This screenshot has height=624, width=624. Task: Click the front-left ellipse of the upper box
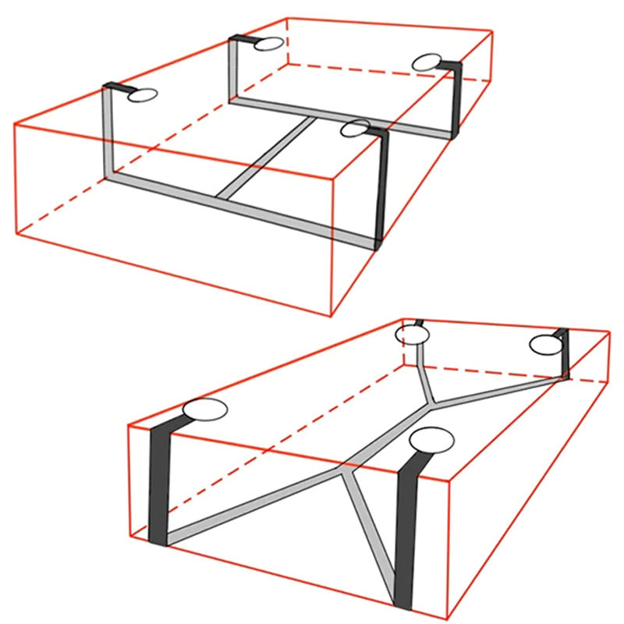click(x=143, y=96)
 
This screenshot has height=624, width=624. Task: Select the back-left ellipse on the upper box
click(x=268, y=44)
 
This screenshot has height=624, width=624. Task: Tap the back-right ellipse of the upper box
click(x=427, y=63)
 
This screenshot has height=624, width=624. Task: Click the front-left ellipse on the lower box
click(x=204, y=409)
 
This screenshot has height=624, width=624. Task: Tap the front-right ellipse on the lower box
click(x=432, y=440)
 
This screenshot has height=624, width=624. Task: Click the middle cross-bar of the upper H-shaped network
click(x=267, y=157)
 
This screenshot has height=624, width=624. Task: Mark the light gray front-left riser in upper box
click(x=108, y=133)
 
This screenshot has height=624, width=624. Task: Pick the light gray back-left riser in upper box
click(x=233, y=70)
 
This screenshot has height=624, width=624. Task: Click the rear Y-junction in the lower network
click(x=429, y=402)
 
